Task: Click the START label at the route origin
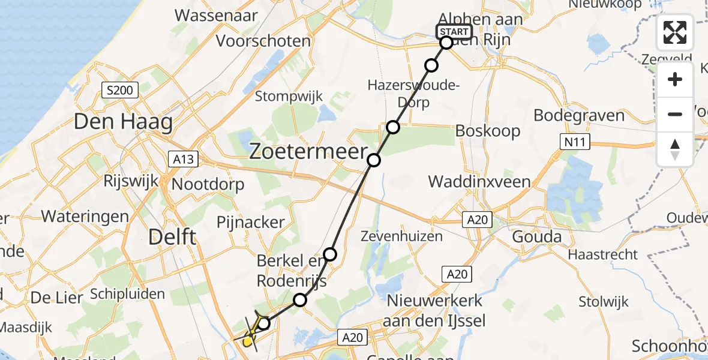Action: pyautogui.click(x=454, y=32)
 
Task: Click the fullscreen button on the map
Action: pyautogui.click(x=675, y=32)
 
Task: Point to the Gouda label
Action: pyautogui.click(x=536, y=236)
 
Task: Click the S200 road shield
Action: pyautogui.click(x=120, y=91)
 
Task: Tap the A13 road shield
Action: pyautogui.click(x=181, y=160)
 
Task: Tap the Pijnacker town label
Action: pyautogui.click(x=251, y=222)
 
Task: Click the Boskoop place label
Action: pyautogui.click(x=488, y=131)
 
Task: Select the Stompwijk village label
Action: pyautogui.click(x=289, y=96)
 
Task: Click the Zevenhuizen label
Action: pyautogui.click(x=401, y=236)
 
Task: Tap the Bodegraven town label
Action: pyautogui.click(x=579, y=115)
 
